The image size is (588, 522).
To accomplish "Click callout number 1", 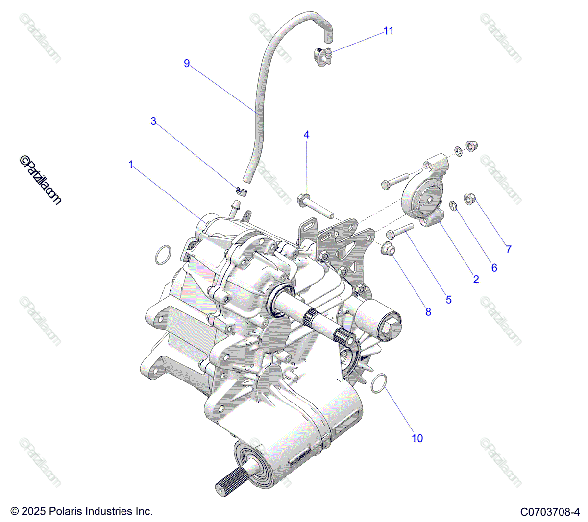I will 131,165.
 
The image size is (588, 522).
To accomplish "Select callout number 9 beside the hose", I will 187,64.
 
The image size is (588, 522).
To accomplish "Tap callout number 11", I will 389,31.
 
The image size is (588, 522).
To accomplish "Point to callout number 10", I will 417,438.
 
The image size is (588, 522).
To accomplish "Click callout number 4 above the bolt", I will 307,135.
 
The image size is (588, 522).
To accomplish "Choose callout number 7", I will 509,249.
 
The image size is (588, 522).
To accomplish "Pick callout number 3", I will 153,121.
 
